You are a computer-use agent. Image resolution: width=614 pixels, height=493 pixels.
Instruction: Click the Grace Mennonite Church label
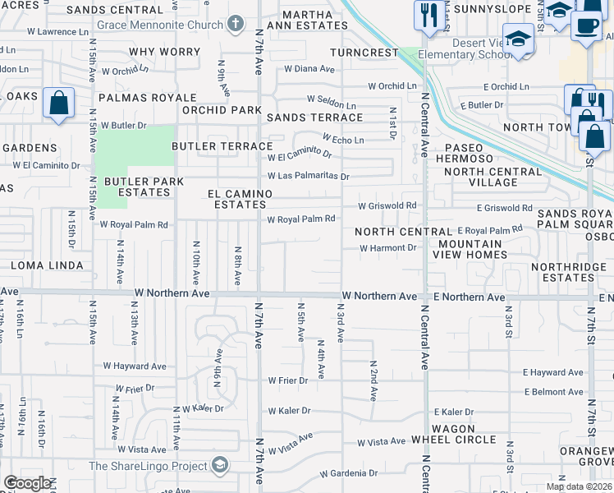tap(159, 25)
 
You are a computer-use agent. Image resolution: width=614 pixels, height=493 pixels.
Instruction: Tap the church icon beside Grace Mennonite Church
tap(236, 24)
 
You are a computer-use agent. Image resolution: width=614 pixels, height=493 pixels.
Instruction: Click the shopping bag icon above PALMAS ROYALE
tap(58, 104)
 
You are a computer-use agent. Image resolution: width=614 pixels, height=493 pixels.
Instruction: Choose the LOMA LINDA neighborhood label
tap(47, 265)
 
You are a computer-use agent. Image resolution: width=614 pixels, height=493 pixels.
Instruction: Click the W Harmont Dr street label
tap(388, 247)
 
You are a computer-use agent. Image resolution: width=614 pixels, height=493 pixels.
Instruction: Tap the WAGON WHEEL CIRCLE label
tap(454, 434)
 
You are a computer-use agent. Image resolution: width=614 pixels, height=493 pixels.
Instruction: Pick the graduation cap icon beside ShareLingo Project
tap(219, 466)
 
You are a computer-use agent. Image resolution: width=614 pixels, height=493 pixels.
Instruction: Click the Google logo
tap(27, 483)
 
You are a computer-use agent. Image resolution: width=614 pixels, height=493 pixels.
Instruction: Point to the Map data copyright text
tap(579, 486)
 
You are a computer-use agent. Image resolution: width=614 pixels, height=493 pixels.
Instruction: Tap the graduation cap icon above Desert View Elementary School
tap(519, 39)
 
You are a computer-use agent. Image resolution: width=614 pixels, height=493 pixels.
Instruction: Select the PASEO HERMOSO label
tap(470, 152)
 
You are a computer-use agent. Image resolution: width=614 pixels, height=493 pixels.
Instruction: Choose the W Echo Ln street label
tap(343, 140)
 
